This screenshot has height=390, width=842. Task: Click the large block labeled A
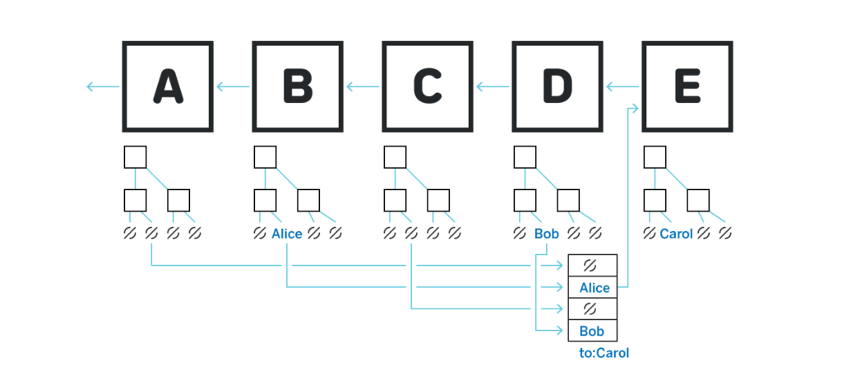168,86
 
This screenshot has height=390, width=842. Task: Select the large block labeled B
298,86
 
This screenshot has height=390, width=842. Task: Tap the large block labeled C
428,86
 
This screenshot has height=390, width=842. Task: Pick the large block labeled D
557,86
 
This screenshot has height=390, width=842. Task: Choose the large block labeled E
687,86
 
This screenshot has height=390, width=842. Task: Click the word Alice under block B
287,234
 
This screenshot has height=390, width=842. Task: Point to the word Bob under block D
547,234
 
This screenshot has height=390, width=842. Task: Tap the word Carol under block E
676,234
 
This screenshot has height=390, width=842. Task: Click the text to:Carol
604,353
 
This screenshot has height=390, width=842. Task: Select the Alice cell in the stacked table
593,287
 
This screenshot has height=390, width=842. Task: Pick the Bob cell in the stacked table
593,331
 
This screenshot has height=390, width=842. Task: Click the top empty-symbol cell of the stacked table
593,266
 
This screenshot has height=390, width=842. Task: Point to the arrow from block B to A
233,86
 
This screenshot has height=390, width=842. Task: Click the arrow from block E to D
622,86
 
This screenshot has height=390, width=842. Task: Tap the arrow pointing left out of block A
103,86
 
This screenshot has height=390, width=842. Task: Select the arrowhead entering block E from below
636,109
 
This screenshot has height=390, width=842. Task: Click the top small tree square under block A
136,157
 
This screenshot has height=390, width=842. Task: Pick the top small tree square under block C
396,157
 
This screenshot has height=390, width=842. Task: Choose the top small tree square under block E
655,157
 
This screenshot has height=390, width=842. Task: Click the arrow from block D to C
493,86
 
